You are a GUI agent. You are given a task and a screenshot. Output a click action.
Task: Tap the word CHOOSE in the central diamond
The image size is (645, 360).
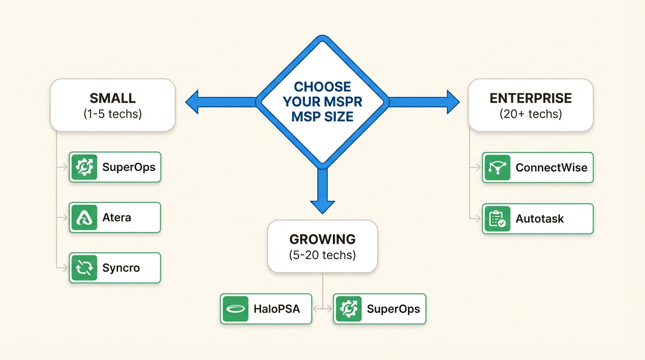[322, 87]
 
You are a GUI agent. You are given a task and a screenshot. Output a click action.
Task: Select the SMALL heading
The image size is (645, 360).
[112, 98]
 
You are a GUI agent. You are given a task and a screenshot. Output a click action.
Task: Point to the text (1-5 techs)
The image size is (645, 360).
[112, 114]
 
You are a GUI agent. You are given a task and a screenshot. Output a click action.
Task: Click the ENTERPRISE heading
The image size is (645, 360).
[531, 98]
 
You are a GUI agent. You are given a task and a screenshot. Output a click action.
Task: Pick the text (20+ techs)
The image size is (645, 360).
[531, 114]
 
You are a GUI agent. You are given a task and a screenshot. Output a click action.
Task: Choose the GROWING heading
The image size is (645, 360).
[322, 240]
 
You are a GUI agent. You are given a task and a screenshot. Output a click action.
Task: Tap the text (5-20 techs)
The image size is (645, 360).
[322, 255]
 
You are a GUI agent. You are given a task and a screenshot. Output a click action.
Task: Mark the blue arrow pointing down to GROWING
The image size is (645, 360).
[322, 197]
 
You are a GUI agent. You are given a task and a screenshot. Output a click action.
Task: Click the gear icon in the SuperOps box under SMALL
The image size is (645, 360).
[84, 167]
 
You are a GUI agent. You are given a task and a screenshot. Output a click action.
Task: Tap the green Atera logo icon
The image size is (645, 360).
[84, 217]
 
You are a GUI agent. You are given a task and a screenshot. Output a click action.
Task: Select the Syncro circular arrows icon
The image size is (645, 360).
[84, 268]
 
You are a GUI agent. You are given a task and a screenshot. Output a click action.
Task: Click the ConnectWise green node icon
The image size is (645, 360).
[497, 168]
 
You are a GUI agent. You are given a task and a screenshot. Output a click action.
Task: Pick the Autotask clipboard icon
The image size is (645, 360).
[497, 219]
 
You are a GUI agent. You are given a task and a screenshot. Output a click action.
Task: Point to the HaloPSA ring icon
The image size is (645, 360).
[236, 309]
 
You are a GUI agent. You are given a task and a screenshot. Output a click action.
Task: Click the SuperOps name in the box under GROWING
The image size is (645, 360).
[393, 309]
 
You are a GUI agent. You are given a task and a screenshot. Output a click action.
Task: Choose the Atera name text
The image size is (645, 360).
[117, 218]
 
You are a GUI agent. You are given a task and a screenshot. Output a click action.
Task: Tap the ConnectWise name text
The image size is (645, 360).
[551, 168]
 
